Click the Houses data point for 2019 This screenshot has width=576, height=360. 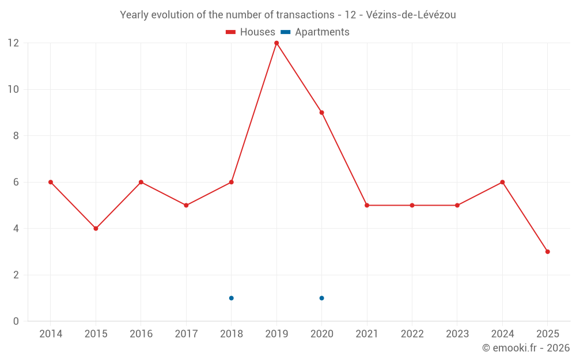(276, 43)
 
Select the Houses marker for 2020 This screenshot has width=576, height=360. (321, 112)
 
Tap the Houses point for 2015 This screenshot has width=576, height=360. (96, 229)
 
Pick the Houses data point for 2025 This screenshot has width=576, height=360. (547, 252)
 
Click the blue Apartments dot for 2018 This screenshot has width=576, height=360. (231, 298)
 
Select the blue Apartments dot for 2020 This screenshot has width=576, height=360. (321, 298)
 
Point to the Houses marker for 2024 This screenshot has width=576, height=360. (502, 182)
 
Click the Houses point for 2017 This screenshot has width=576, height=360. (186, 205)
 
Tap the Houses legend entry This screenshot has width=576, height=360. (251, 32)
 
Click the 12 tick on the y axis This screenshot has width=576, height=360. (13, 43)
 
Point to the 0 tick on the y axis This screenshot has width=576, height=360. (16, 321)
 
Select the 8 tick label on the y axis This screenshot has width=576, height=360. (16, 136)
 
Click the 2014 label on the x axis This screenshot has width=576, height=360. (51, 334)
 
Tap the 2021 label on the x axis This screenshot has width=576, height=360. (367, 334)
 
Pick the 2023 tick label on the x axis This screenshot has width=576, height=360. (457, 334)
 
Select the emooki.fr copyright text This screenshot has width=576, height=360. (525, 348)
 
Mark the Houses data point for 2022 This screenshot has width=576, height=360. (412, 205)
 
